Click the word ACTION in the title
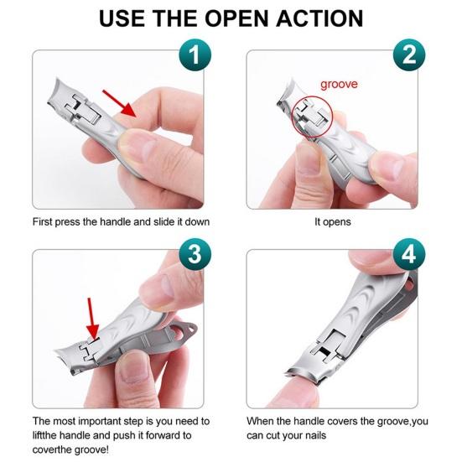tap(319, 18)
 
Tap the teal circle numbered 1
tap(195, 55)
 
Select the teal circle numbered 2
tap(409, 55)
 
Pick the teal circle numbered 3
tap(195, 254)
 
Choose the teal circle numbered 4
tap(409, 254)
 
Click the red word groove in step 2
tap(339, 85)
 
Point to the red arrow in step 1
tap(119, 104)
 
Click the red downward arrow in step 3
tap(92, 319)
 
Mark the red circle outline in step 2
tap(292, 117)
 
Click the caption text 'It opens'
tap(333, 222)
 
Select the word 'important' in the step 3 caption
tap(99, 421)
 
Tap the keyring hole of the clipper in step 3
tap(188, 329)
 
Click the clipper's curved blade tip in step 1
tap(56, 91)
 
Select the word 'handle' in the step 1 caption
tap(116, 222)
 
